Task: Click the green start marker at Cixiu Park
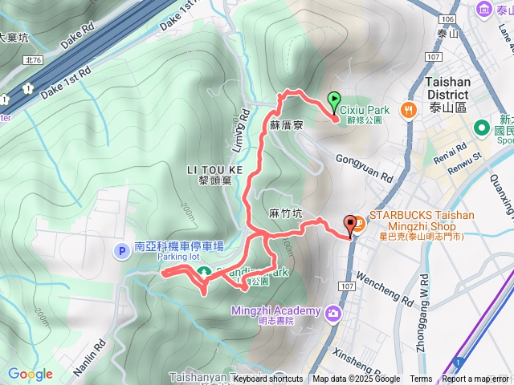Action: [x=334, y=101]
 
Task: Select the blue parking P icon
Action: [x=122, y=251]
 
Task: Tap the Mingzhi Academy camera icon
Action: [x=332, y=312]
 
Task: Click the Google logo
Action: [x=30, y=374]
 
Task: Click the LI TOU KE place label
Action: [x=214, y=170]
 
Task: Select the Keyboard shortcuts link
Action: [x=268, y=379]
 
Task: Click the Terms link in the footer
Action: [x=421, y=379]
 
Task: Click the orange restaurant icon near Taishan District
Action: [x=410, y=110]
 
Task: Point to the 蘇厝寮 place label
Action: [x=285, y=126]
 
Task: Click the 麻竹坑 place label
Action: [x=286, y=213]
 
